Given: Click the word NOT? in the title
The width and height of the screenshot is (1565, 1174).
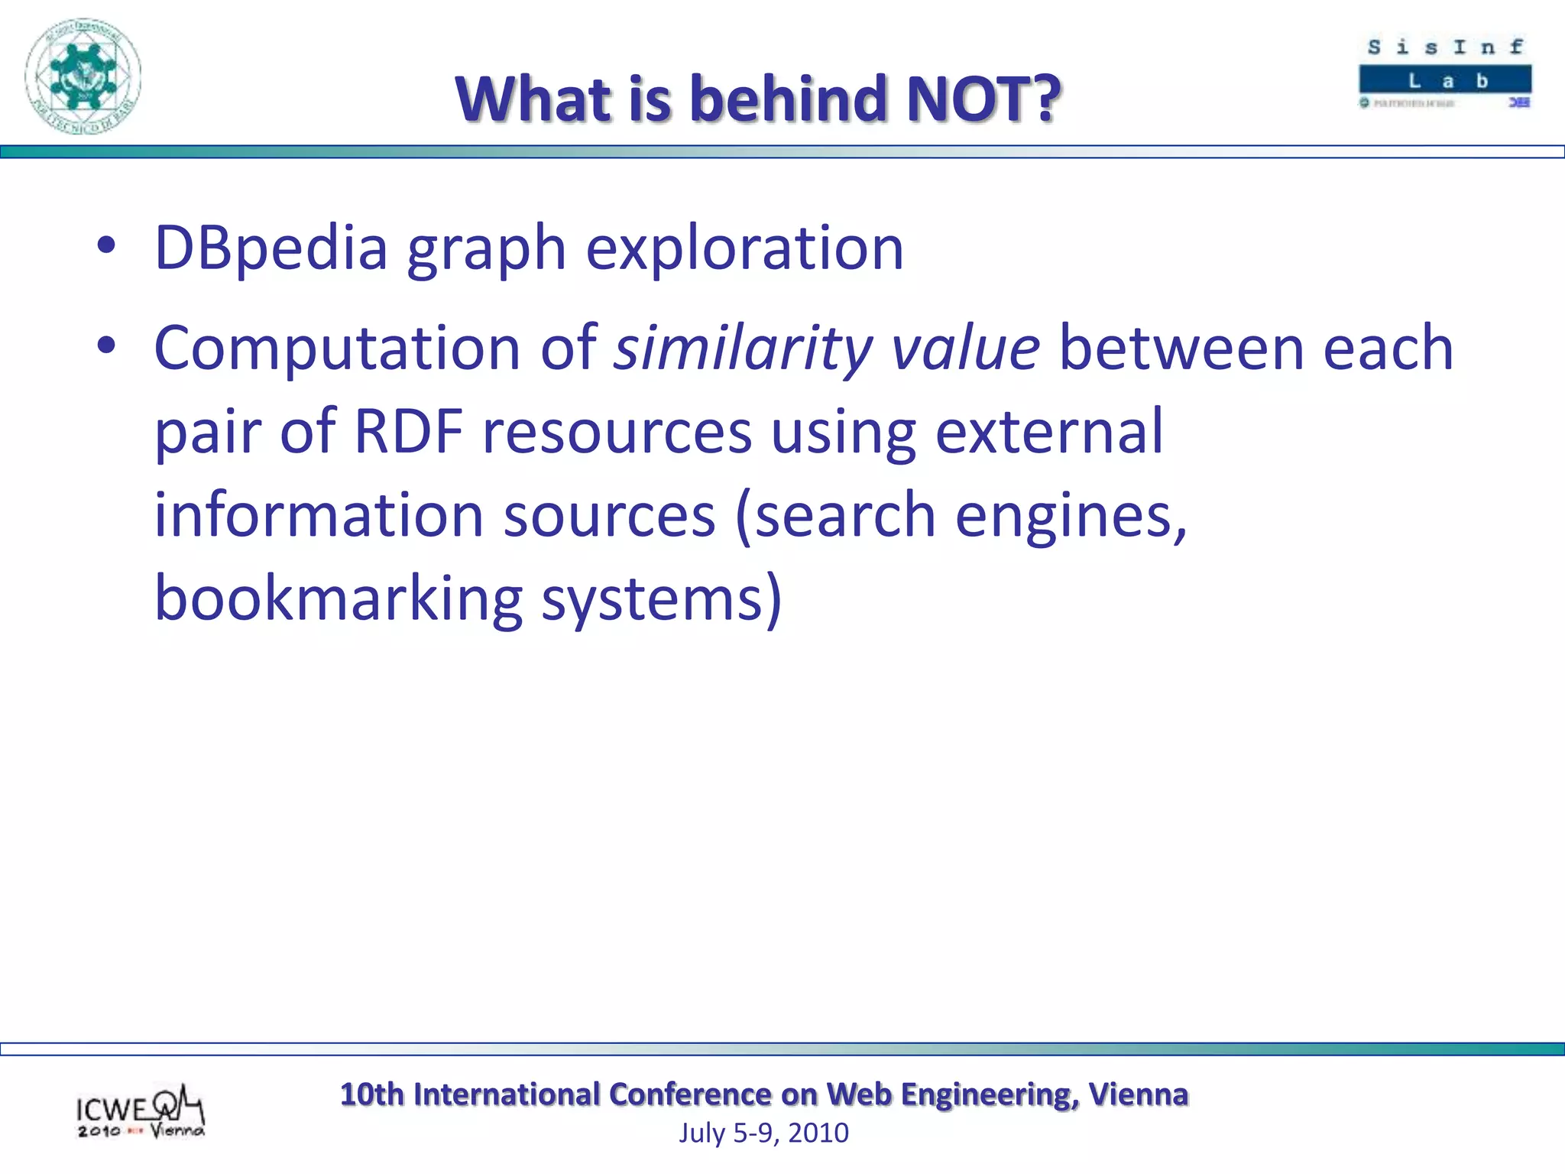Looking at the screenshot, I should (x=983, y=99).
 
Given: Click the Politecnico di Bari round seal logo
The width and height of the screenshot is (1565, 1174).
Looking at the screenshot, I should (x=83, y=76).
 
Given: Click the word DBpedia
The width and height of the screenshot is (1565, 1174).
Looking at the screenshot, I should (x=271, y=248).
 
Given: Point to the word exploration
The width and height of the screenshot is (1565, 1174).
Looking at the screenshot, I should (x=744, y=248).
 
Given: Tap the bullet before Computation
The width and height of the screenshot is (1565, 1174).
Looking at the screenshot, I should (x=106, y=345).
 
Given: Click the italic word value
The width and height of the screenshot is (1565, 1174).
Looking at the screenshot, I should (x=964, y=349).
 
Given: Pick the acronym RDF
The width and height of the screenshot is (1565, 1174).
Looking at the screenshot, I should (x=409, y=432).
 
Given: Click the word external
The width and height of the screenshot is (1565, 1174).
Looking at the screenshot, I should (x=1048, y=432).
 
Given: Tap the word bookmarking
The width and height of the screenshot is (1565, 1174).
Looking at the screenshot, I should (x=338, y=598).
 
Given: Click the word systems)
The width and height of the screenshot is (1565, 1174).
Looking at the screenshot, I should (x=662, y=598).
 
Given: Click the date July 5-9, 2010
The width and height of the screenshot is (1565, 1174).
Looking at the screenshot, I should (x=763, y=1133).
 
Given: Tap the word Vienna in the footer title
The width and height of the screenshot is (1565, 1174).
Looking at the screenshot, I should (x=1138, y=1095).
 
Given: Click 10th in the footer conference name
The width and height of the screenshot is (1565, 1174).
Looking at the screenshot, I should (x=371, y=1095).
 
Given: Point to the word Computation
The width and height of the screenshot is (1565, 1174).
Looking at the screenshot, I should (x=337, y=349).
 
